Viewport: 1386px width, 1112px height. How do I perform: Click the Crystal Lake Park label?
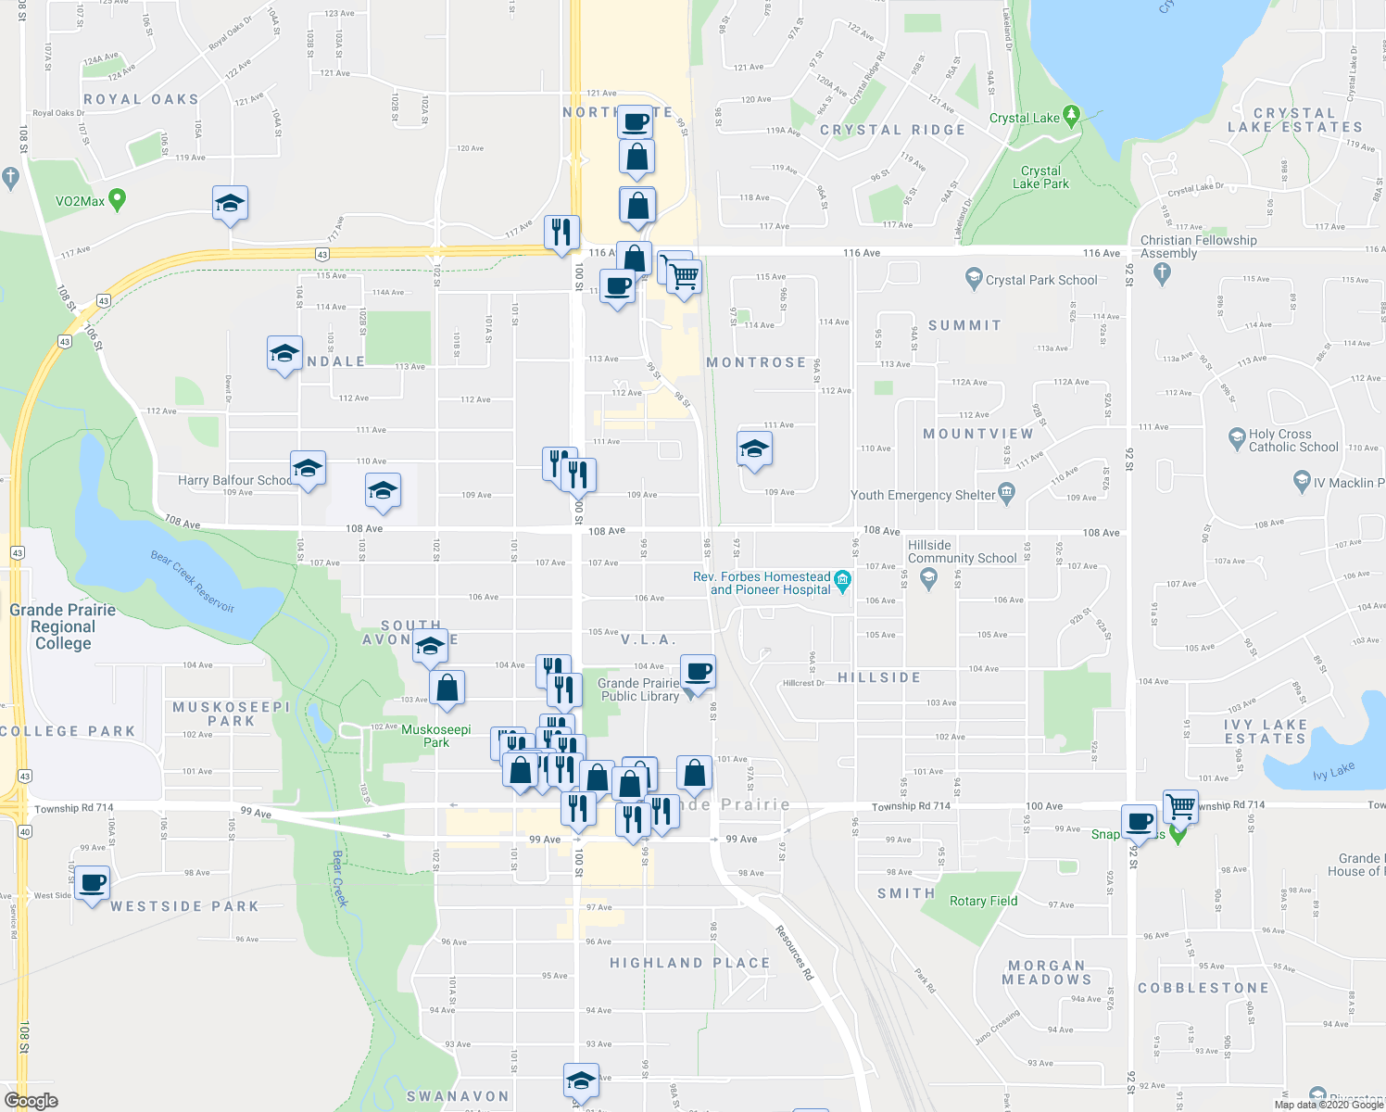tap(1040, 177)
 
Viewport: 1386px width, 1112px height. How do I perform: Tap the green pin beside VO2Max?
tap(117, 199)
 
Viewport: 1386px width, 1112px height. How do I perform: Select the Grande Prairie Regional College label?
tap(63, 626)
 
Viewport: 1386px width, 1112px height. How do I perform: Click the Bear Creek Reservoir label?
tap(193, 581)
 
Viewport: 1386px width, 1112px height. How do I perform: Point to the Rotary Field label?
tap(983, 901)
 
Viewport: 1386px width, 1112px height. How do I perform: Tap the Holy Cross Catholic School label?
tap(1293, 440)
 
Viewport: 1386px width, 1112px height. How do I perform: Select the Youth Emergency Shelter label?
tap(923, 495)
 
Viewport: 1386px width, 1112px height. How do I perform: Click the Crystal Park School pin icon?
tap(973, 277)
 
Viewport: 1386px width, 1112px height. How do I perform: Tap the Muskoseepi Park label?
tap(435, 736)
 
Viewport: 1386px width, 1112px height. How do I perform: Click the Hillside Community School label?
tap(962, 551)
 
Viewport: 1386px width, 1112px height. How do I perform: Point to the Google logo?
tap(31, 1101)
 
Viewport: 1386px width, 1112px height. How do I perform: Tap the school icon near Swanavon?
tap(581, 1080)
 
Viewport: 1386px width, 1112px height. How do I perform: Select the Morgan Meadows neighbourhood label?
tap(1046, 972)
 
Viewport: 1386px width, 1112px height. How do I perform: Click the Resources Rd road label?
tap(794, 953)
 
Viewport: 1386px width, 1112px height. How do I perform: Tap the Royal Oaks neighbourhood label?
tap(141, 99)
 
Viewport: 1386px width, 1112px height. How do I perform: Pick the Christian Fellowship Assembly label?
tap(1198, 246)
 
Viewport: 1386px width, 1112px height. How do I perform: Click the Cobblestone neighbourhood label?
tap(1203, 988)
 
